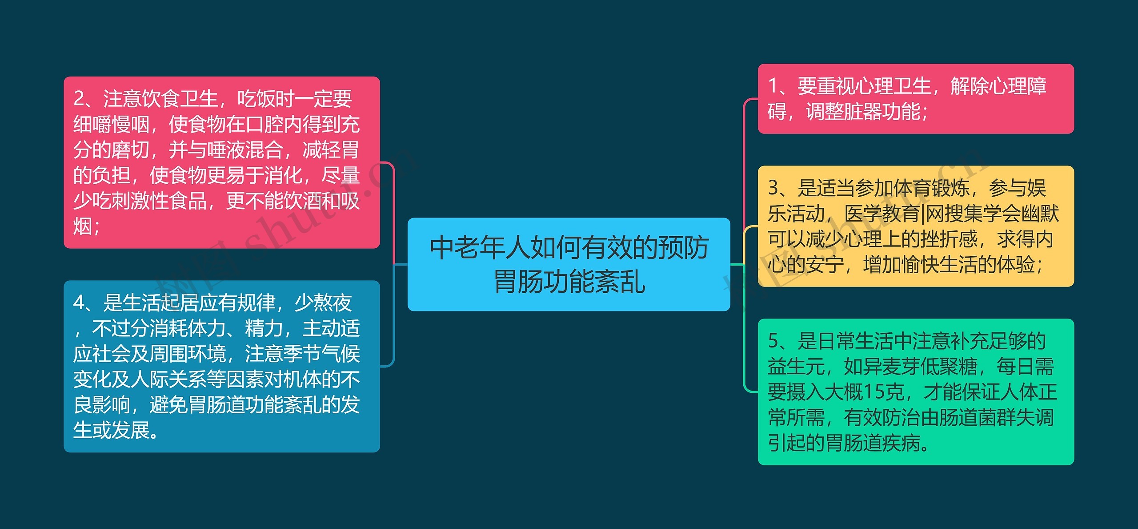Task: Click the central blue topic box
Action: click(569, 264)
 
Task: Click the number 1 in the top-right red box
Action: click(773, 86)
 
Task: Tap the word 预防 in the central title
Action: click(683, 248)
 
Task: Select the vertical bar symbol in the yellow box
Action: click(923, 214)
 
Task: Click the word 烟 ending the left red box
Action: click(83, 226)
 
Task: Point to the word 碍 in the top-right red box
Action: click(777, 111)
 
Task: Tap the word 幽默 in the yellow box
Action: click(1040, 214)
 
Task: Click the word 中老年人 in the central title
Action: click(479, 248)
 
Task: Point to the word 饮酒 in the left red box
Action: click(302, 201)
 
